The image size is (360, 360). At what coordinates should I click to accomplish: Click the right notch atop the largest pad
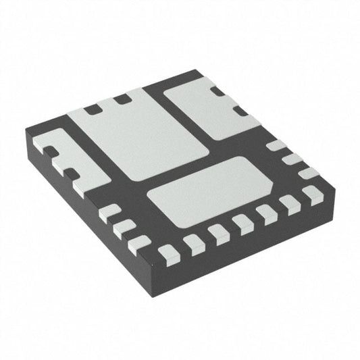pos(122,99)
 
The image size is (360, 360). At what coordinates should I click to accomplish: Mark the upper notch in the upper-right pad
pos(217,91)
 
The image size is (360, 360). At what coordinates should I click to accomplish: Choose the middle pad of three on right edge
pos(292,159)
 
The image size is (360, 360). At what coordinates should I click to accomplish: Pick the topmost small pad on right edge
pos(276,145)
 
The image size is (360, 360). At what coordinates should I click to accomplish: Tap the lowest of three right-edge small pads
pos(309,173)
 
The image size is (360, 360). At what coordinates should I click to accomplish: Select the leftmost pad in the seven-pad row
pos(170,253)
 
